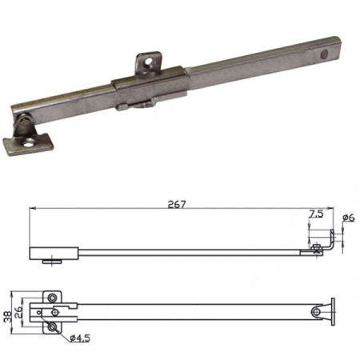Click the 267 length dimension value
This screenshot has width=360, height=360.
point(177,204)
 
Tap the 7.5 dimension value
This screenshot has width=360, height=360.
point(316,214)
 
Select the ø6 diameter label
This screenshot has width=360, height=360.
point(349,218)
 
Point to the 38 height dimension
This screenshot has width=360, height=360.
point(8,317)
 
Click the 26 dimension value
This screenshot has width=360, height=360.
point(19,313)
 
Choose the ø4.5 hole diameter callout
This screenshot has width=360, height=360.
point(80,338)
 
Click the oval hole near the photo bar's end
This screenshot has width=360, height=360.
point(324,54)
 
